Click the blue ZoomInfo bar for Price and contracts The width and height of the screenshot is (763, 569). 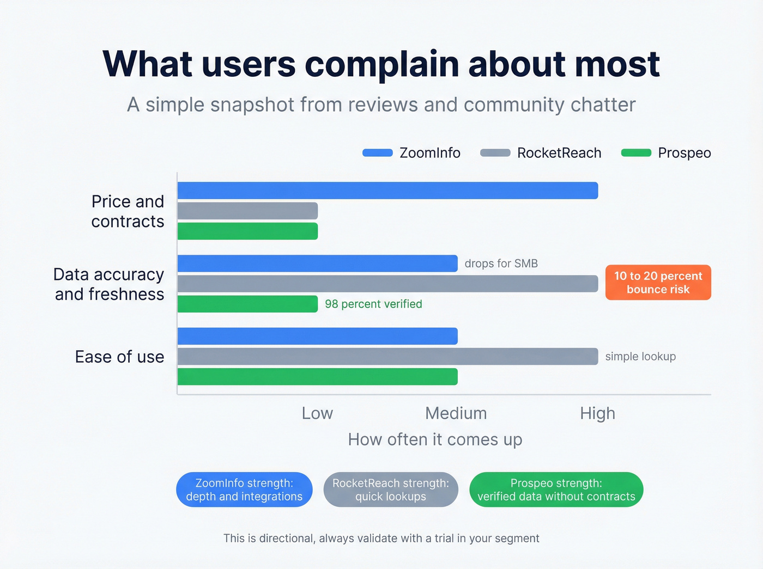pyautogui.click(x=387, y=191)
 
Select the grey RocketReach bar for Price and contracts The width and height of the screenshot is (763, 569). pyautogui.click(x=247, y=211)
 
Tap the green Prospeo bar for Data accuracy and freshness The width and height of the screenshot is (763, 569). pyautogui.click(x=247, y=304)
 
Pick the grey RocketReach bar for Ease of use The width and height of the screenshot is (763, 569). pyautogui.click(x=387, y=357)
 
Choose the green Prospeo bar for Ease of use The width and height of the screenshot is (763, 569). pyautogui.click(x=317, y=377)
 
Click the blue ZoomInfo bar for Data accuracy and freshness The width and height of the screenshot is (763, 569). pyautogui.click(x=317, y=264)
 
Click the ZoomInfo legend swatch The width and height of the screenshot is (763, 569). pyautogui.click(x=378, y=153)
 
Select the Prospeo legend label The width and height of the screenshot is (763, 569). pyautogui.click(x=684, y=153)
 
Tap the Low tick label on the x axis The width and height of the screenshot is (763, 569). pyautogui.click(x=317, y=413)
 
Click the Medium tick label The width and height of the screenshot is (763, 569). pyautogui.click(x=456, y=413)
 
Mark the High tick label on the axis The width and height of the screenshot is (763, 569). pyautogui.click(x=597, y=413)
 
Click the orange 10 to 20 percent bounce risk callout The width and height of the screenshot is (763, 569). pyautogui.click(x=658, y=283)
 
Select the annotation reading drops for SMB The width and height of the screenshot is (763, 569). pyautogui.click(x=501, y=264)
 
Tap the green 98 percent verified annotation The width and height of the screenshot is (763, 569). pyautogui.click(x=373, y=304)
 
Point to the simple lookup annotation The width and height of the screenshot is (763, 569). pyautogui.click(x=640, y=357)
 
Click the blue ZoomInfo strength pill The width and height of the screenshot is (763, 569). pyautogui.click(x=244, y=490)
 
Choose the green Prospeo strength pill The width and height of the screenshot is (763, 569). pyautogui.click(x=556, y=490)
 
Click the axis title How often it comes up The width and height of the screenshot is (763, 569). pyautogui.click(x=435, y=439)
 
